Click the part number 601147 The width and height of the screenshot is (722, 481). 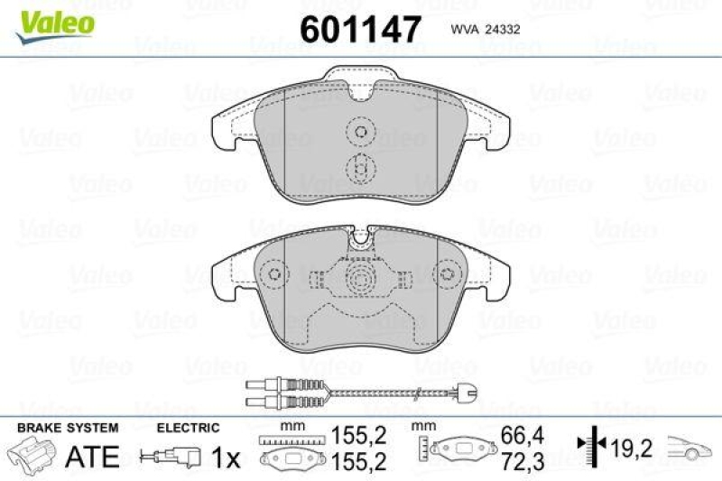(360, 29)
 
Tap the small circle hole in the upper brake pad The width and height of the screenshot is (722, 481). (361, 134)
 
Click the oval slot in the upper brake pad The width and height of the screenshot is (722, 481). (361, 168)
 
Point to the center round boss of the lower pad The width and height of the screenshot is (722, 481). (361, 278)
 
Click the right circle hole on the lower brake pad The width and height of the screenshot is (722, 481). (449, 274)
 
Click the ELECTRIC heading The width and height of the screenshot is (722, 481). (188, 428)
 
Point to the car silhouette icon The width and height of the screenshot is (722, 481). (690, 446)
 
